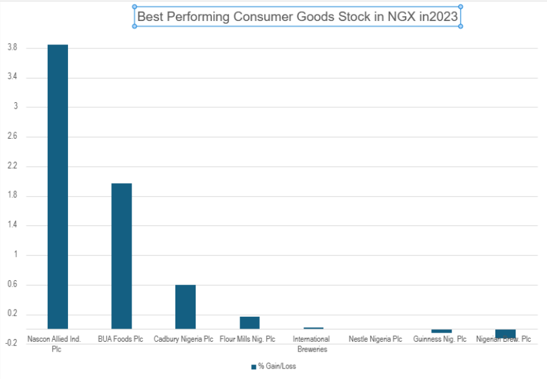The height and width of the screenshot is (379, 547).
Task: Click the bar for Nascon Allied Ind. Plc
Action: click(x=58, y=187)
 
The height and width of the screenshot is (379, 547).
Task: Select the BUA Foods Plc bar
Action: click(x=122, y=256)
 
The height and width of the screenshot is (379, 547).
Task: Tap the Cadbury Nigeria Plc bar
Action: click(x=185, y=306)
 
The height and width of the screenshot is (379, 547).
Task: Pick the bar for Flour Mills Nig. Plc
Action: click(x=249, y=323)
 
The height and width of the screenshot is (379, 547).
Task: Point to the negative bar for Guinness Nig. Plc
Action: click(x=442, y=331)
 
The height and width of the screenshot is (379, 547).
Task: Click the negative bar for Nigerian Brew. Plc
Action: click(x=505, y=333)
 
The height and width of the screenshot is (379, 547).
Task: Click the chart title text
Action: click(x=298, y=17)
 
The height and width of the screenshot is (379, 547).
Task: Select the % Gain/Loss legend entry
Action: click(x=273, y=366)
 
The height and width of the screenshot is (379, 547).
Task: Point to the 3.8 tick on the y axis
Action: click(x=12, y=48)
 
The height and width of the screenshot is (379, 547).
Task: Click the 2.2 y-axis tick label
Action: click(x=12, y=166)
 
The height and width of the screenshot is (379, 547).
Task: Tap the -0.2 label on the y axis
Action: click(x=11, y=344)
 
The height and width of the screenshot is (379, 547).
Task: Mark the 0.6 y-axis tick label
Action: click(x=12, y=285)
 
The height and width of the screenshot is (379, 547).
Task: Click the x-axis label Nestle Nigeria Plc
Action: click(x=376, y=340)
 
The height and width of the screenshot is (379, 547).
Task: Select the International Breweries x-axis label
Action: click(x=311, y=344)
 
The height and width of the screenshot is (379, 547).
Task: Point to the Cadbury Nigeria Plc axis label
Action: click(x=184, y=340)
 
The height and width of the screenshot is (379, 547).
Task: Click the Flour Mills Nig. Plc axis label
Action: click(x=247, y=340)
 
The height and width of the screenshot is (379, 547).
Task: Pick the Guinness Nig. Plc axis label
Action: click(x=440, y=340)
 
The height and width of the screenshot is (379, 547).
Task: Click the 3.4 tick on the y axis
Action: click(x=12, y=77)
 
